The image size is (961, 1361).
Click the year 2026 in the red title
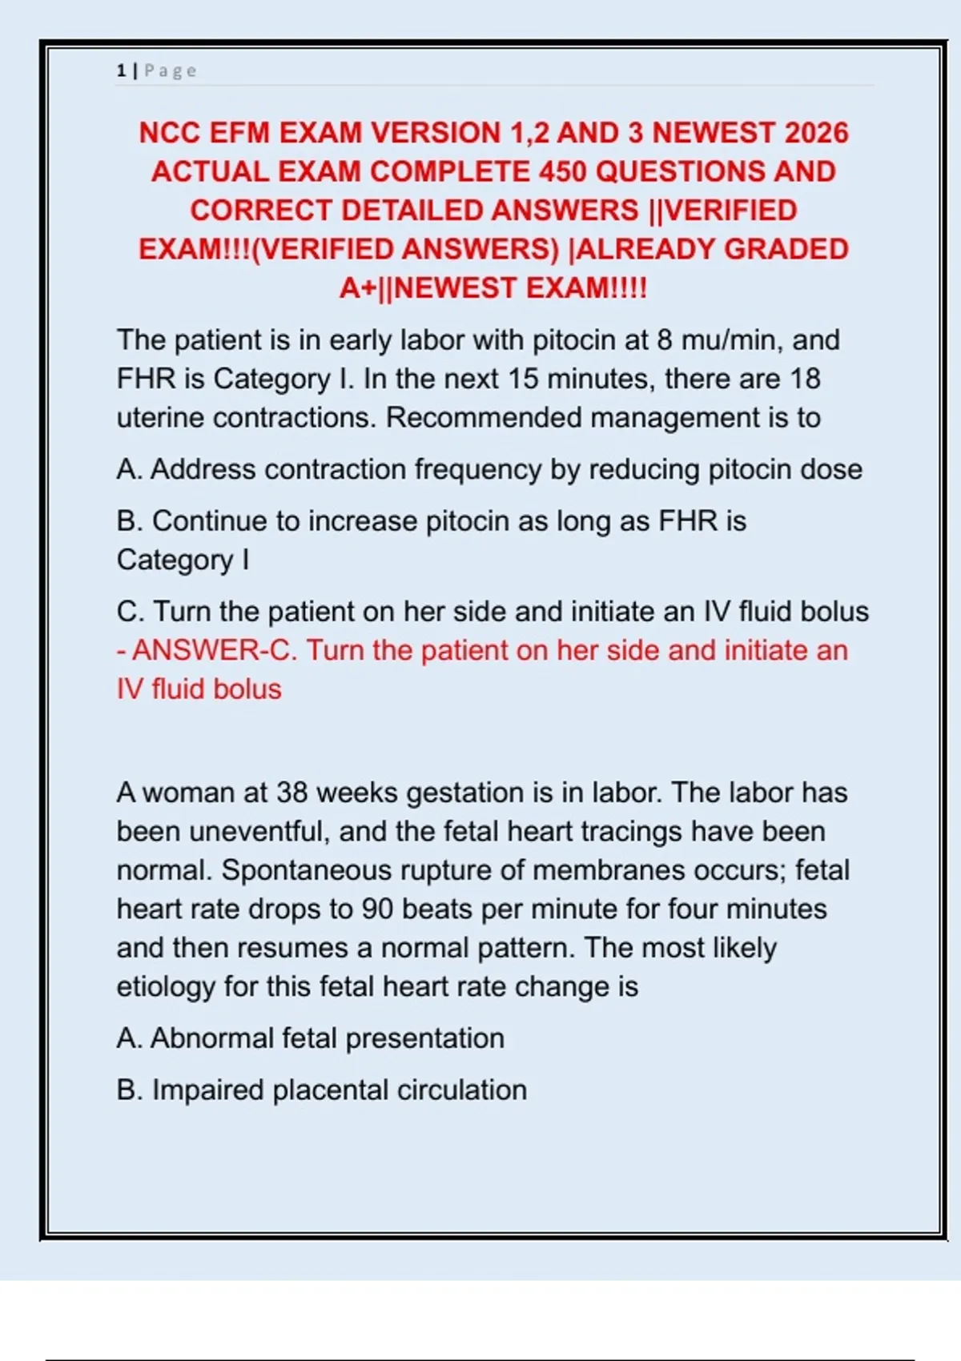[x=816, y=133]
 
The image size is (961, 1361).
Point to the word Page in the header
[x=170, y=71]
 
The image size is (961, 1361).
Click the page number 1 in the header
[x=121, y=71]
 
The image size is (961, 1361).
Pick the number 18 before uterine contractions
[x=805, y=379]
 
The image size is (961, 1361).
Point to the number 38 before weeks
[x=292, y=793]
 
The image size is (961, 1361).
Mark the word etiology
[x=166, y=986]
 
